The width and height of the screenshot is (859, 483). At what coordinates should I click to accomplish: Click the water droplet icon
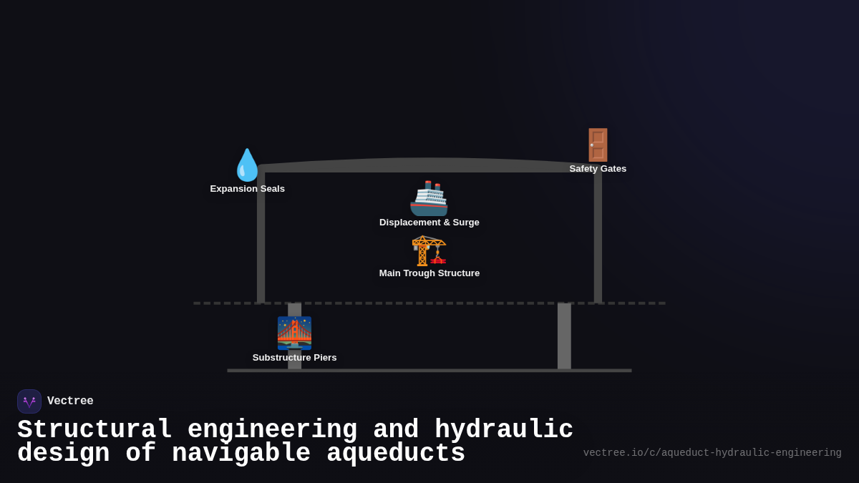pyautogui.click(x=247, y=165)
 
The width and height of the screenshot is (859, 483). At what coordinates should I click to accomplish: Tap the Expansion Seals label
pyautogui.click(x=247, y=189)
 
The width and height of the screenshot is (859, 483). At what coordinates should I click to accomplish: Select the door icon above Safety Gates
pyautogui.click(x=598, y=145)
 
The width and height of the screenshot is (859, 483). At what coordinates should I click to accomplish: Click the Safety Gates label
pyautogui.click(x=598, y=169)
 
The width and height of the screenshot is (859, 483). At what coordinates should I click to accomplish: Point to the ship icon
pyautogui.click(x=429, y=198)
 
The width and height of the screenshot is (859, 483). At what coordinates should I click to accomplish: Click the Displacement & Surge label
pyautogui.click(x=429, y=223)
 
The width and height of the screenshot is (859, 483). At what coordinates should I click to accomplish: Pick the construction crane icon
pyautogui.click(x=429, y=250)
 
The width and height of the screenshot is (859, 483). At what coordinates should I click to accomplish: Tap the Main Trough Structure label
pyautogui.click(x=429, y=273)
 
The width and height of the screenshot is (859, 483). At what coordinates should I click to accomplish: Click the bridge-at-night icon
pyautogui.click(x=294, y=333)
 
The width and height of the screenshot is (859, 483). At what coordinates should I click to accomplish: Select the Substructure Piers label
pyautogui.click(x=294, y=358)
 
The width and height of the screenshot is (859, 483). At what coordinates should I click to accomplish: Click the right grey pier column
pyautogui.click(x=564, y=336)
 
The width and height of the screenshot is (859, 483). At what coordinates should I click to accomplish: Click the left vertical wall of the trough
pyautogui.click(x=261, y=236)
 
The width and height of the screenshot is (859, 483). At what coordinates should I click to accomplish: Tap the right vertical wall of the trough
pyautogui.click(x=598, y=236)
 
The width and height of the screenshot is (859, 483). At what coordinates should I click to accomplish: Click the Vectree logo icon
pyautogui.click(x=29, y=401)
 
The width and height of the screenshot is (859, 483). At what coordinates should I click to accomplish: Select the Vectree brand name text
pyautogui.click(x=70, y=401)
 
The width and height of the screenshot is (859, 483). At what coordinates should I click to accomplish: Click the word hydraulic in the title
pyautogui.click(x=504, y=430)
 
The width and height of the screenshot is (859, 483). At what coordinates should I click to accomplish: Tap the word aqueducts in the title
pyautogui.click(x=396, y=454)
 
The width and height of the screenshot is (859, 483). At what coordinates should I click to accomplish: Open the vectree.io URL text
pyautogui.click(x=712, y=453)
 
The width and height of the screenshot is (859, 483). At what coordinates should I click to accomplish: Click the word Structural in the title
pyautogui.click(x=94, y=430)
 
